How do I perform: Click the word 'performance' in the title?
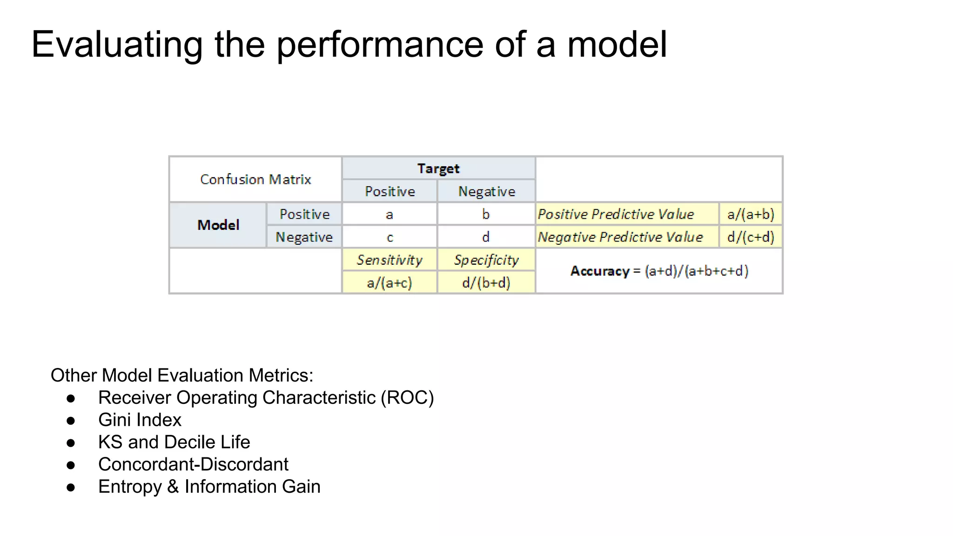point(380,45)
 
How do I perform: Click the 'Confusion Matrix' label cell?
point(255,179)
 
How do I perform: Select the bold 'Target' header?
point(438,168)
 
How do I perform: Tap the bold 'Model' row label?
point(218,225)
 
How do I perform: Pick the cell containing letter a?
point(389,214)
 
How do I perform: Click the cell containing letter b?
point(486,214)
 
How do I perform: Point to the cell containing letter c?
point(389,237)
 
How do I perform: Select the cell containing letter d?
point(486,237)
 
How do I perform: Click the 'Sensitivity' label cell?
point(389,260)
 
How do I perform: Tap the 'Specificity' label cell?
point(486,260)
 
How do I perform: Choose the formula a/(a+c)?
point(389,283)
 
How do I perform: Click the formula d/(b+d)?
point(486,283)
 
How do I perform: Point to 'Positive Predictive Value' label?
point(616,214)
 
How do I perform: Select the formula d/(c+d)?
point(751,237)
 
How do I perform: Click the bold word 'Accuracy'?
point(600,271)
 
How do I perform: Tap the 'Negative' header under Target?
point(486,192)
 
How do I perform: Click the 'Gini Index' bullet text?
point(140,420)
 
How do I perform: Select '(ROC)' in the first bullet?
point(407,398)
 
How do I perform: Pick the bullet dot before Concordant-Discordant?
point(71,465)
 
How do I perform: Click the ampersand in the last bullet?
point(173,487)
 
